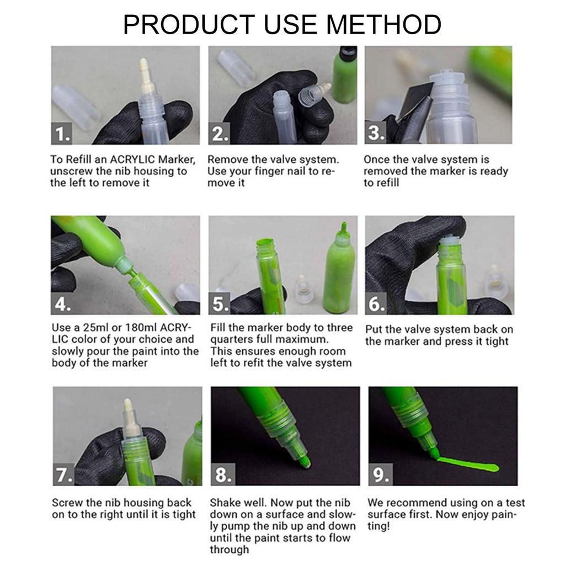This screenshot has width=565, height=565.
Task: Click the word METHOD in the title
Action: [384, 24]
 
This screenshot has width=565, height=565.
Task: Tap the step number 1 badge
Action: [62, 134]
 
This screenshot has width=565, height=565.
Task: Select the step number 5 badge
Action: [220, 303]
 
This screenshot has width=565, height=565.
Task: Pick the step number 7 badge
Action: [64, 475]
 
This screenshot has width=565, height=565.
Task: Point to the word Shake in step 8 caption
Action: [226, 503]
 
